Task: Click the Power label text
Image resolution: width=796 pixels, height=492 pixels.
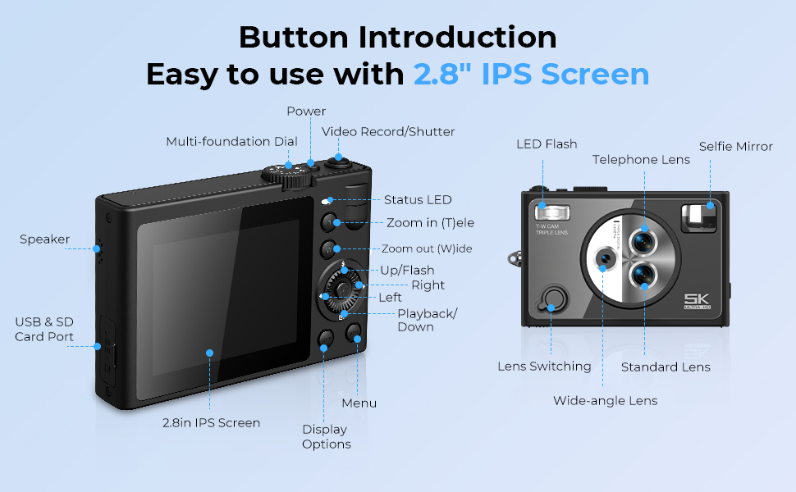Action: pos(306,111)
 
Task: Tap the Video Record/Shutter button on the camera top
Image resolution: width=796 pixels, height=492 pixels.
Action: pos(339,162)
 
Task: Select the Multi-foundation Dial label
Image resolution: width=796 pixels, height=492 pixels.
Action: pos(232,142)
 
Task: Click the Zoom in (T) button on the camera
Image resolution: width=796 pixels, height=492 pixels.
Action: pos(329,222)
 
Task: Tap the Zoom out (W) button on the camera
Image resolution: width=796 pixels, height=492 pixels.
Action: pos(329,249)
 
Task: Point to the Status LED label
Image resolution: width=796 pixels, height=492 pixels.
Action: pos(418,200)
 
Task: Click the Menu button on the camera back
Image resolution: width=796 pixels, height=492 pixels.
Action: pos(354,333)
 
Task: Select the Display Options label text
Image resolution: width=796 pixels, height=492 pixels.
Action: pos(327,437)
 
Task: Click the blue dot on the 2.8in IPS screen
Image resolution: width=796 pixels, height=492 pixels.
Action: pos(209,353)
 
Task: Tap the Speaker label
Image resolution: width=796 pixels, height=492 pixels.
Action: pos(44,239)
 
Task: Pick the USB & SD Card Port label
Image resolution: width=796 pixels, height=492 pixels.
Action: pos(44,329)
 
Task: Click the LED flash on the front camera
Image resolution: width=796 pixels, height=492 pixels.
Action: pos(552,212)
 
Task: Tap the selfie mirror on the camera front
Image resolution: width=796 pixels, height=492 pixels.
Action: pos(698,218)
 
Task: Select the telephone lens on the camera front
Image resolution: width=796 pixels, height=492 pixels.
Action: pos(643,240)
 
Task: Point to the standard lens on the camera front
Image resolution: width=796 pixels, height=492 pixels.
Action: pos(643,276)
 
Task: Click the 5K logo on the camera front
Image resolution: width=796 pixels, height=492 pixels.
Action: pos(697,301)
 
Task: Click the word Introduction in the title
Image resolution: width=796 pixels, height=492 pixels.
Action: pos(457,37)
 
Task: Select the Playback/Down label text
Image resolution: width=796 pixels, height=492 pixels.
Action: pos(427,320)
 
